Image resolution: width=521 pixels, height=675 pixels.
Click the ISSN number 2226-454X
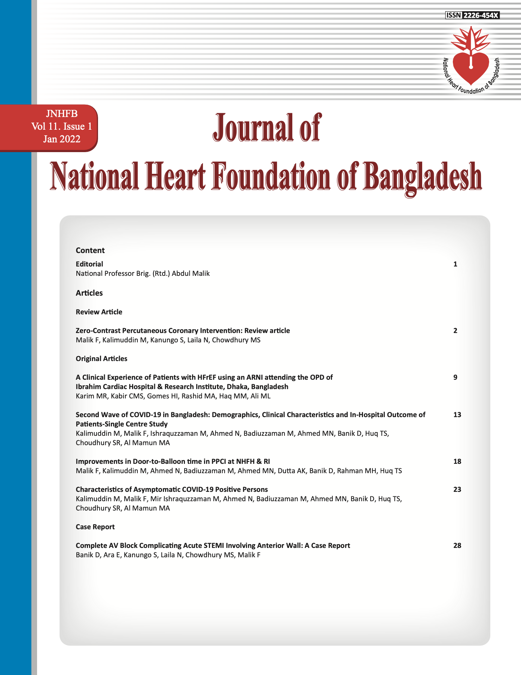[x=481, y=15]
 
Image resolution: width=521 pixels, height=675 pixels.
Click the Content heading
[x=90, y=250]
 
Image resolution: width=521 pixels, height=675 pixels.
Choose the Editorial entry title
[x=89, y=264]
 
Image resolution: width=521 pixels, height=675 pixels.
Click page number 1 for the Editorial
[x=455, y=264]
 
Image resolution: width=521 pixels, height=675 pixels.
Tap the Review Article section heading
[x=99, y=312]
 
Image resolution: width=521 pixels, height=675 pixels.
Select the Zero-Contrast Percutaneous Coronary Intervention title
[x=183, y=331]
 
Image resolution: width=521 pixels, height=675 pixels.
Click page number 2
[x=455, y=331]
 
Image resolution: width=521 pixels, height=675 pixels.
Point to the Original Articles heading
[x=101, y=359]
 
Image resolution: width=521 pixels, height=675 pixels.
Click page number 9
[x=455, y=377]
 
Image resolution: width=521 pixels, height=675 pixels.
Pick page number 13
[x=457, y=415]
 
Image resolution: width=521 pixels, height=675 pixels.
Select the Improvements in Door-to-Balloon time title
[x=173, y=462]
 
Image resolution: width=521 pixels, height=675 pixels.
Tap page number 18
[x=457, y=462]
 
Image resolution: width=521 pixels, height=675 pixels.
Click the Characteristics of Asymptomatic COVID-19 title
[x=172, y=490]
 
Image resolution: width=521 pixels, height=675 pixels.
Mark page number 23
[x=457, y=490]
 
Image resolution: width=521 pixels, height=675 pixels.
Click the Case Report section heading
[x=95, y=527]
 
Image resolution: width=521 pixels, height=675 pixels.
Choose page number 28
[x=457, y=546]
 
